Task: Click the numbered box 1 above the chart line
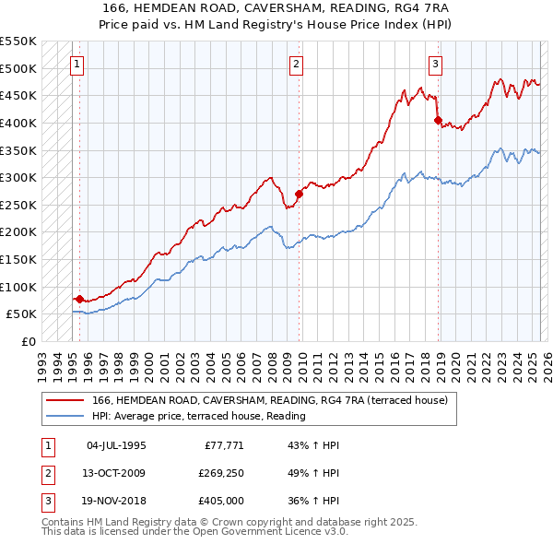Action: [76, 64]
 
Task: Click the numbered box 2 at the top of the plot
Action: [296, 64]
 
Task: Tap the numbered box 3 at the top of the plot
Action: [435, 64]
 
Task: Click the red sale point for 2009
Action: [299, 194]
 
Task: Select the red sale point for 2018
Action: [438, 120]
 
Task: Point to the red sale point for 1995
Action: [79, 299]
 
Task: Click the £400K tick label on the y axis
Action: [19, 123]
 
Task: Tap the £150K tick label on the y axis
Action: [19, 259]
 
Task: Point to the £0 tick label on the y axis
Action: [29, 341]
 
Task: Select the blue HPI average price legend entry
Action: [198, 416]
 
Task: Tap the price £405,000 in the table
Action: [218, 502]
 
